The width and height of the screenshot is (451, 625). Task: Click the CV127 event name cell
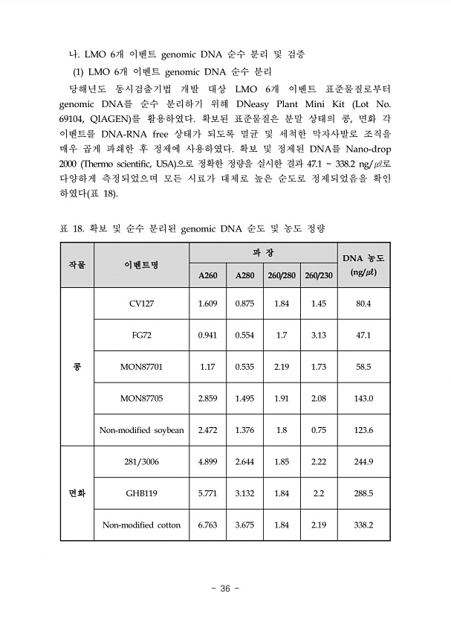(x=141, y=304)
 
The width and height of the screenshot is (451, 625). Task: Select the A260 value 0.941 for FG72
(x=207, y=336)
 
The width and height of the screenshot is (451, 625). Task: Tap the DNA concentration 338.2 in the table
(x=363, y=525)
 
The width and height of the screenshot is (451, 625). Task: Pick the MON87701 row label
(x=141, y=367)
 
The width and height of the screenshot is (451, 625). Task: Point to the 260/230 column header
(x=319, y=275)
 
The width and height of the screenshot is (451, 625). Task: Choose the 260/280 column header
(x=282, y=275)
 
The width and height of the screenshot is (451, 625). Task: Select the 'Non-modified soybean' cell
(x=141, y=430)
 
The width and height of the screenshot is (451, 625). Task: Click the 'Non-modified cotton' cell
(x=141, y=525)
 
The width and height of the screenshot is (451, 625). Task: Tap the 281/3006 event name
(x=141, y=462)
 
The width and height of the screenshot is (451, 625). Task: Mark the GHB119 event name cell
(x=141, y=493)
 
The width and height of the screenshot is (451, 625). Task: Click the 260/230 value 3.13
(x=319, y=336)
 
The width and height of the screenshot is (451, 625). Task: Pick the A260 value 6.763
(x=207, y=525)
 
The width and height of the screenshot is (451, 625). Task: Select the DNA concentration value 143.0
(x=363, y=399)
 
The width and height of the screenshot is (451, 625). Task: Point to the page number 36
(x=225, y=589)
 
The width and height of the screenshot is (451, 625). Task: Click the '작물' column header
(x=77, y=265)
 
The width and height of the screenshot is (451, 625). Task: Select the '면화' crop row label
(x=77, y=493)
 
